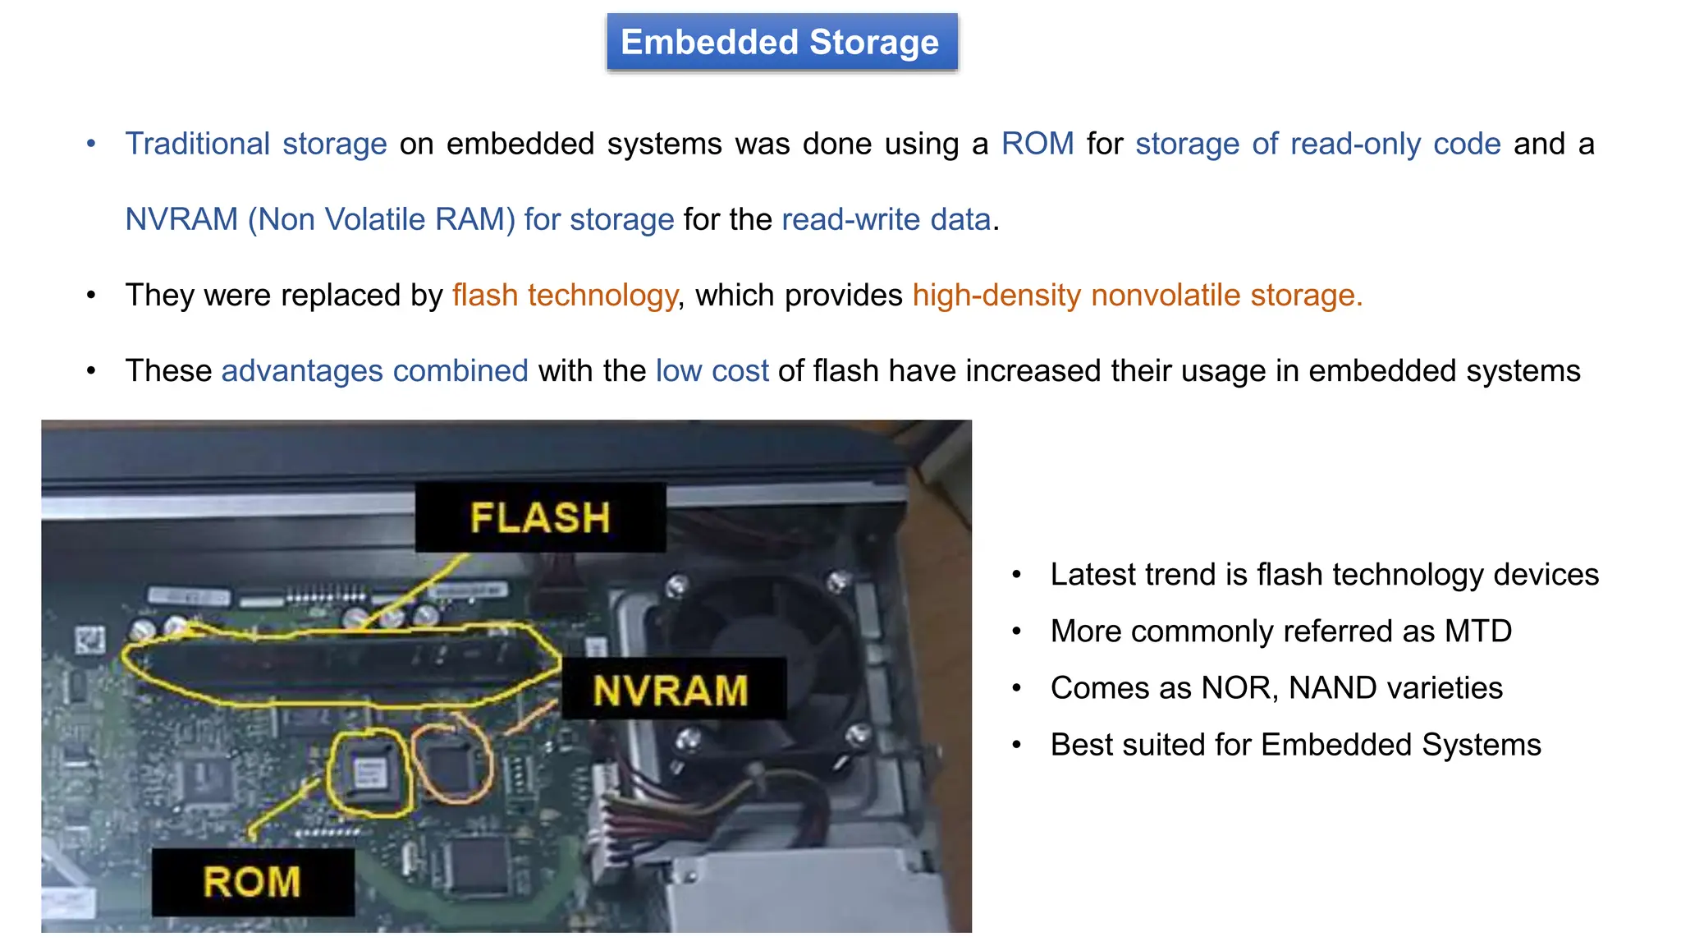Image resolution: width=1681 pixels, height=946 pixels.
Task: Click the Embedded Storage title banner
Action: [781, 43]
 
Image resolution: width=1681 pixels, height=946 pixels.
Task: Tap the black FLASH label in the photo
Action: [540, 517]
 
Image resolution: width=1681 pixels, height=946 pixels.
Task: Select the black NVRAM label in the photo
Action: [671, 690]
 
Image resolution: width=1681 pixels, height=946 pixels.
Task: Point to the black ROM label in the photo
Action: [253, 882]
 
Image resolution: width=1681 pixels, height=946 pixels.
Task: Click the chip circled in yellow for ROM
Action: [369, 774]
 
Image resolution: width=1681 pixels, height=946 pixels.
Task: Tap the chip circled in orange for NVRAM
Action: [451, 764]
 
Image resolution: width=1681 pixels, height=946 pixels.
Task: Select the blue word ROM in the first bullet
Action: [1037, 144]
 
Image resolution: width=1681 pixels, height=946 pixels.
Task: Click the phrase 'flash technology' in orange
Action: [565, 295]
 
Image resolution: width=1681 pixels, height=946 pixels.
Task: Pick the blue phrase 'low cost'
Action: [712, 370]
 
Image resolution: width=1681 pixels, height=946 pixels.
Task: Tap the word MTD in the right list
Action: [1478, 631]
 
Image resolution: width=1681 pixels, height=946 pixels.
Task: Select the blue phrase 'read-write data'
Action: [886, 219]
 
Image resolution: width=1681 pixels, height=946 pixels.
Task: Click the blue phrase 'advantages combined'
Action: [374, 370]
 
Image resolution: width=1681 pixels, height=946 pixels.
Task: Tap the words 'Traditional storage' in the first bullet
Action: [255, 144]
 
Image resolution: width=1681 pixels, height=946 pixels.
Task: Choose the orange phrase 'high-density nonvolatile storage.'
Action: [1137, 295]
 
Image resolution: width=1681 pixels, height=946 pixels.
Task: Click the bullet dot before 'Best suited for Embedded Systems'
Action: [1016, 745]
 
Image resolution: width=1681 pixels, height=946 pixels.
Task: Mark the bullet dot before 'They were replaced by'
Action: [91, 295]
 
